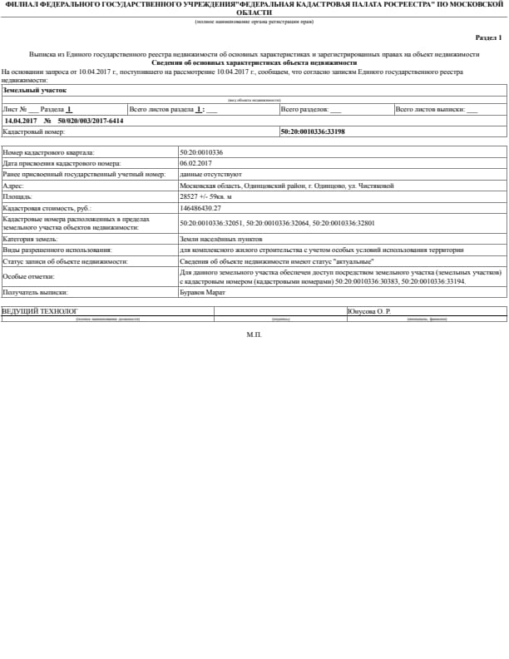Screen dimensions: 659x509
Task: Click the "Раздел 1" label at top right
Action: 488,37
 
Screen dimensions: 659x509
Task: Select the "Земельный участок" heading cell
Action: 35,90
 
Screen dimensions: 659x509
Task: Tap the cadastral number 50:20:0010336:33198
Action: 313,131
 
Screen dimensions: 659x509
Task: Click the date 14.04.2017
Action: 21,121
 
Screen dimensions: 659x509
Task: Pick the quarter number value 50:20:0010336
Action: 201,153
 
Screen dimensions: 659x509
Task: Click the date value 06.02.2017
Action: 196,164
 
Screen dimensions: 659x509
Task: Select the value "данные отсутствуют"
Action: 210,175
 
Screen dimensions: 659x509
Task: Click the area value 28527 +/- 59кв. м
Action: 206,196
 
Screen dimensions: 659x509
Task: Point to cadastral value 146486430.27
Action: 200,207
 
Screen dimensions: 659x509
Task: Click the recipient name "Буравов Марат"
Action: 203,292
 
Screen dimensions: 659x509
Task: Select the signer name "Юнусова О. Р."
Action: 369,310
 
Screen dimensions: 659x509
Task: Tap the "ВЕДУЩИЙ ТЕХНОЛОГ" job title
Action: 40,310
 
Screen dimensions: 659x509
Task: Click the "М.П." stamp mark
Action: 254,334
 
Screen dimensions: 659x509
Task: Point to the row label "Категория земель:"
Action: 30,239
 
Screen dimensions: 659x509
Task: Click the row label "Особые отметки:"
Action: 28,276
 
